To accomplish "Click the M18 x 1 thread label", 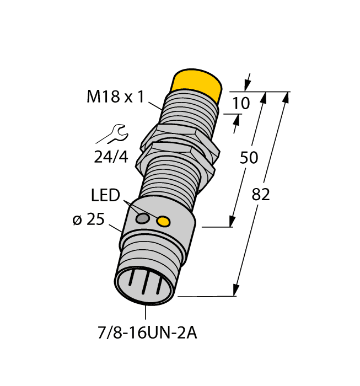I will pyautogui.click(x=115, y=97).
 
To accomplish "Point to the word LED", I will pyautogui.click(x=105, y=195).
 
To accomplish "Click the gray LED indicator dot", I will pyautogui.click(x=143, y=218).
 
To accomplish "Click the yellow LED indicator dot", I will pyautogui.click(x=163, y=222).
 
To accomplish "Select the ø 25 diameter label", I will pyautogui.click(x=89, y=219).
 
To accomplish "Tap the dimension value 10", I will pyautogui.click(x=241, y=103).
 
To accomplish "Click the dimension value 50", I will pyautogui.click(x=249, y=158).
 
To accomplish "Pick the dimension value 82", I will pyautogui.click(x=261, y=194).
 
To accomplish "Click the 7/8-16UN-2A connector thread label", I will pyautogui.click(x=146, y=333).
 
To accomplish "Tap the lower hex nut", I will pyautogui.click(x=175, y=157).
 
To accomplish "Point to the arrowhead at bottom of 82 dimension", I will pyautogui.click(x=237, y=289).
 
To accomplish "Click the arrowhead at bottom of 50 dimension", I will pyautogui.click(x=233, y=220).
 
